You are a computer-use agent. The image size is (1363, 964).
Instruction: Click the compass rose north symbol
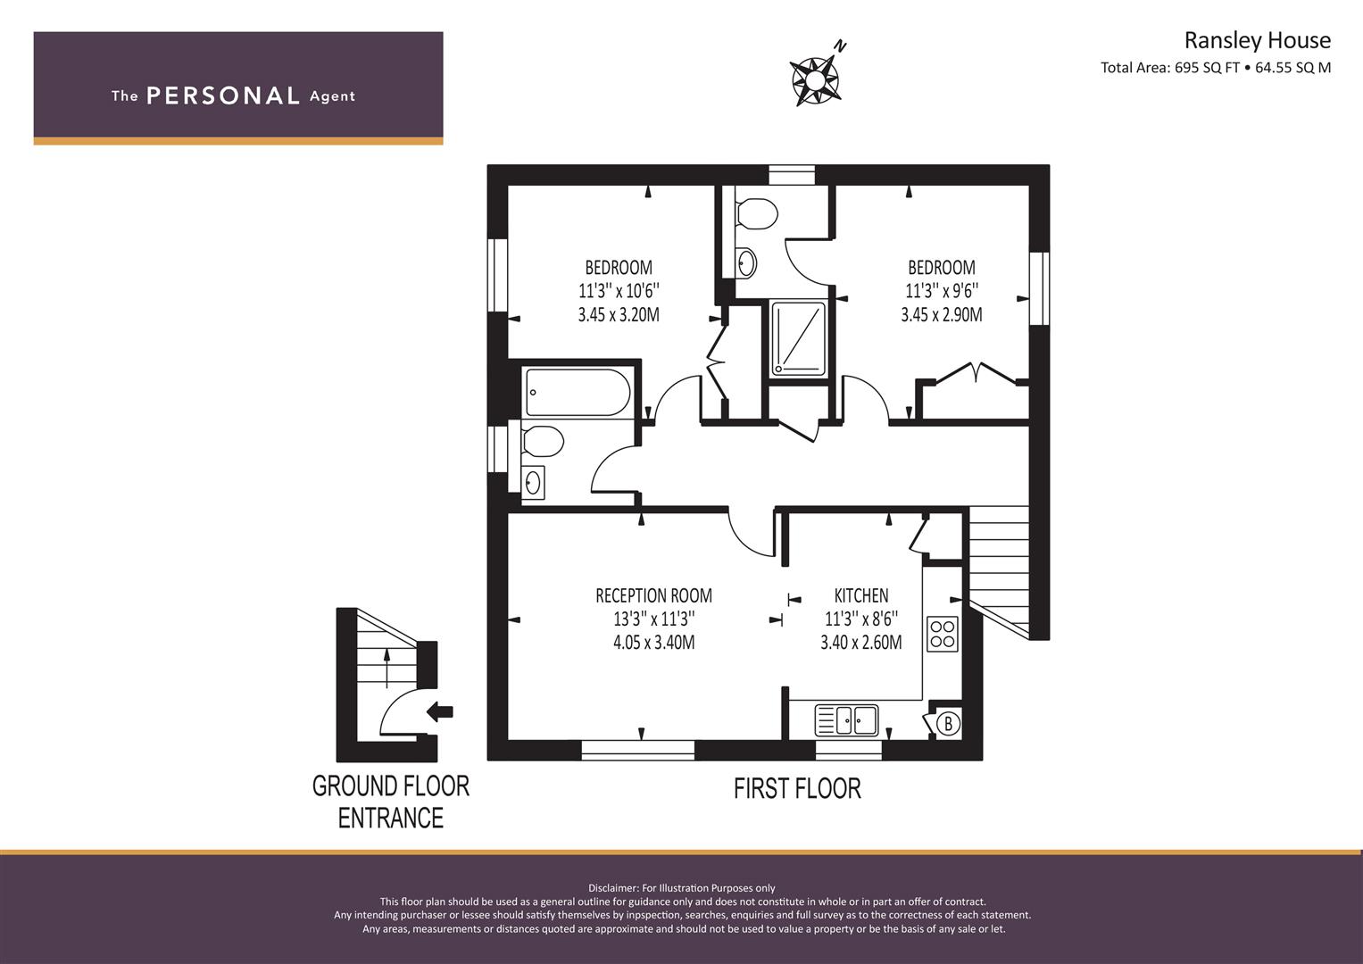(x=817, y=76)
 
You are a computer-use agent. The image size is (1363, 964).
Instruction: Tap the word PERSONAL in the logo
(x=222, y=96)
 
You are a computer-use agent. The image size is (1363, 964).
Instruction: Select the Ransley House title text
(x=1257, y=40)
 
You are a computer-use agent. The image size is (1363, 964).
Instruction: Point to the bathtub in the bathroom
(x=578, y=393)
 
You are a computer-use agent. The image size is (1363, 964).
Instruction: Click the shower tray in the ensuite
(x=799, y=337)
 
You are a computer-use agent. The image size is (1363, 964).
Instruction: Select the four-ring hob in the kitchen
(x=943, y=634)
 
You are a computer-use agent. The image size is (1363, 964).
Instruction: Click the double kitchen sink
(x=846, y=719)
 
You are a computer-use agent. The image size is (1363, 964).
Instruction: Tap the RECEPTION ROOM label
(x=653, y=595)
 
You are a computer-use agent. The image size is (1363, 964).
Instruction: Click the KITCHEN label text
(x=860, y=595)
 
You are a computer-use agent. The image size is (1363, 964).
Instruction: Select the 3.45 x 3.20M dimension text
(x=619, y=314)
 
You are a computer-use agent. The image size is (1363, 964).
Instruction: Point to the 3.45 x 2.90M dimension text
(x=941, y=314)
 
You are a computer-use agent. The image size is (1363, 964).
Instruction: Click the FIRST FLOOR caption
(x=797, y=788)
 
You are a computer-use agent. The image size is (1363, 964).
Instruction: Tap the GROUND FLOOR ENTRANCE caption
(x=390, y=802)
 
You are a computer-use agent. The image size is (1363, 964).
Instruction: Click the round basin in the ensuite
(x=746, y=262)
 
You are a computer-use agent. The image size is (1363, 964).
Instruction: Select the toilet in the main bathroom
(x=542, y=441)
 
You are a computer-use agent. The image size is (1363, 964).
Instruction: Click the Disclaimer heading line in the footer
(x=682, y=888)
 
